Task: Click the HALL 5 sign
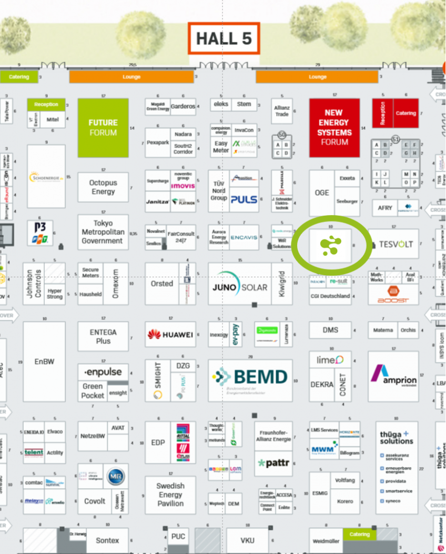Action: point(224,38)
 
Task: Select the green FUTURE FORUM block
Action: point(103,127)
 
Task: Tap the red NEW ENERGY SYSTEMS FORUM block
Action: point(334,127)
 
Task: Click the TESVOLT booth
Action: point(396,244)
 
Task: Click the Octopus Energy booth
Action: point(103,187)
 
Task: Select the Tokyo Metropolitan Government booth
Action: point(103,232)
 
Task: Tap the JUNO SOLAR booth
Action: point(240,287)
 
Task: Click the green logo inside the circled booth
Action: point(331,245)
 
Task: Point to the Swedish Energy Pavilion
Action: point(170,495)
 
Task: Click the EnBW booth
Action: point(44,361)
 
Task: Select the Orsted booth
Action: point(162,283)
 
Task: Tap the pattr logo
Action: point(273,464)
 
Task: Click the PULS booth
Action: point(244,199)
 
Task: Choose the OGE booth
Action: point(321,193)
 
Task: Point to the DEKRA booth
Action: point(321,385)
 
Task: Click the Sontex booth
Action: point(107,540)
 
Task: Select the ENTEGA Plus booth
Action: point(103,337)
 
